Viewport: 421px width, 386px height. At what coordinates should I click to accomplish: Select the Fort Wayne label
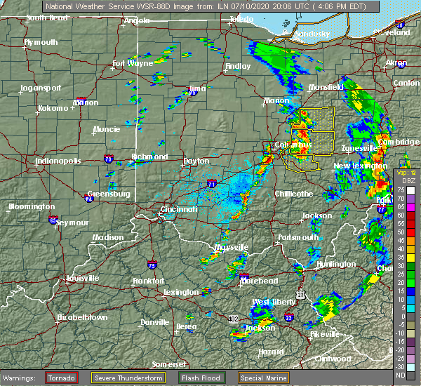(x=133, y=63)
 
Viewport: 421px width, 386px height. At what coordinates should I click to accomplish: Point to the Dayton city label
(x=196, y=161)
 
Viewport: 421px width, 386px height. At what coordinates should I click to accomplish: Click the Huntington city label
(x=335, y=264)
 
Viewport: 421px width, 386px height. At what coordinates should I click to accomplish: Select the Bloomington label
(x=32, y=206)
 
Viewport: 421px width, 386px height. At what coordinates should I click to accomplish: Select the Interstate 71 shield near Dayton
(x=212, y=183)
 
